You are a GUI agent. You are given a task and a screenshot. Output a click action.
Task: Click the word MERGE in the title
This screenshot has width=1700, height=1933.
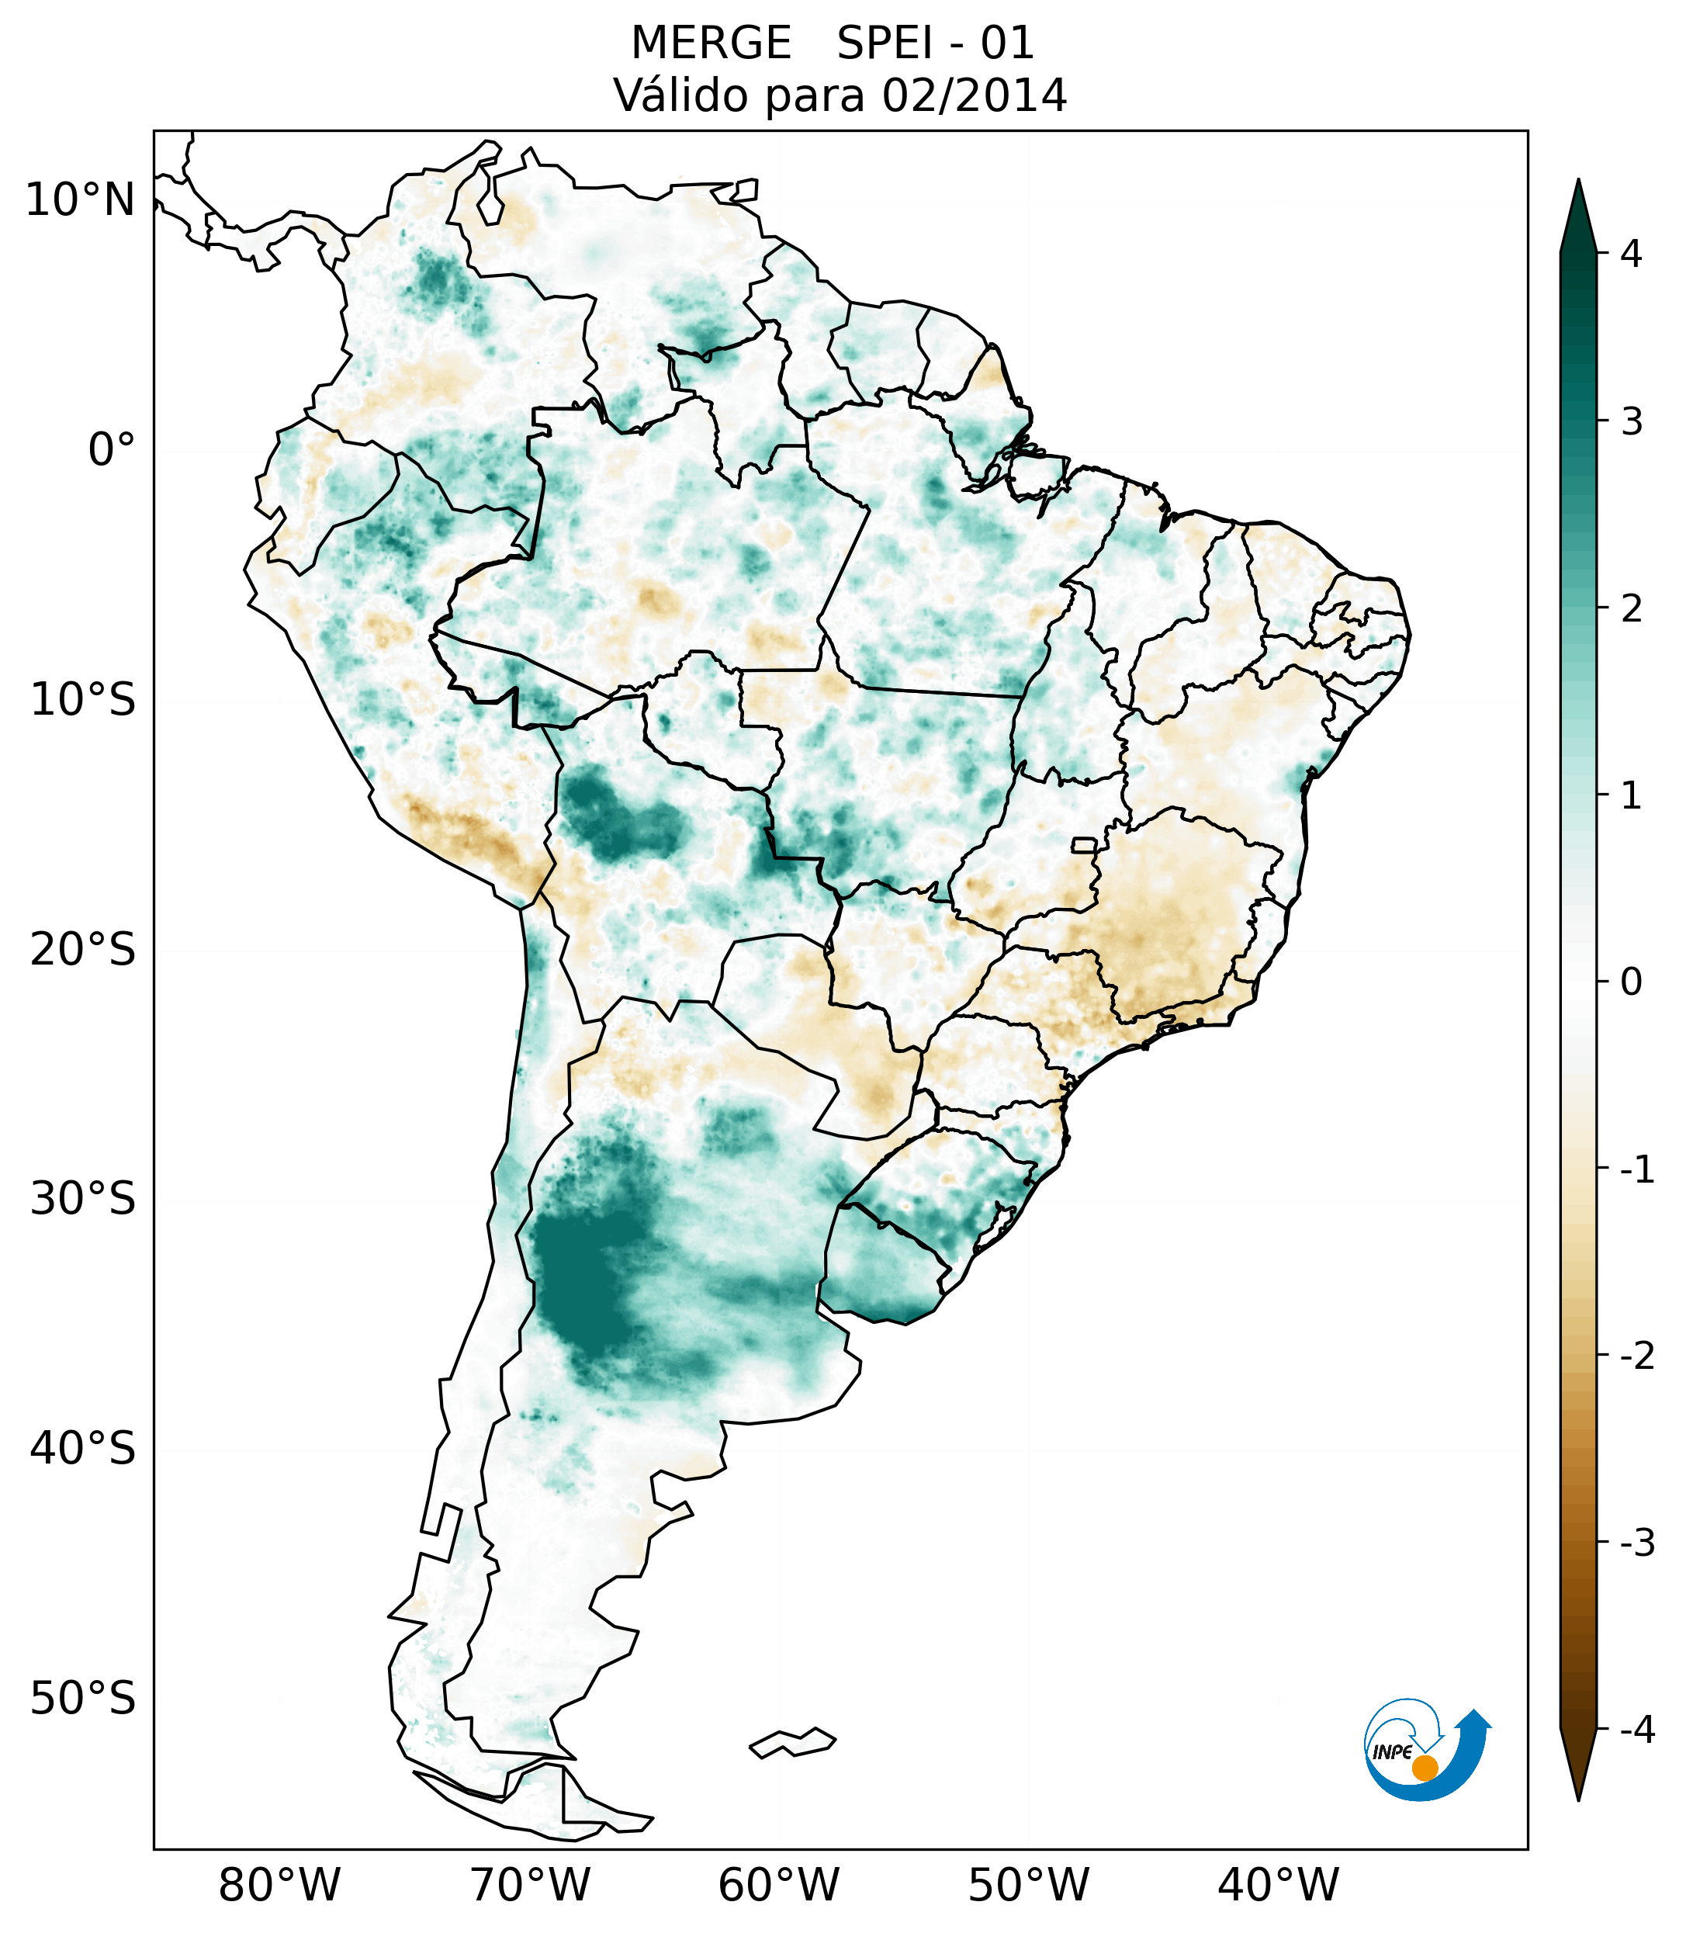711,43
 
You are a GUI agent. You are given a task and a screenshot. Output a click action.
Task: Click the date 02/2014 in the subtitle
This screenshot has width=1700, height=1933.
975,95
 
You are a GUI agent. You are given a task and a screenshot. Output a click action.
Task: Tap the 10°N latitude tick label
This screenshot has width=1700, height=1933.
81,200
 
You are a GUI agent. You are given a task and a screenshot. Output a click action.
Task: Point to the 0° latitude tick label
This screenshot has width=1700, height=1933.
112,449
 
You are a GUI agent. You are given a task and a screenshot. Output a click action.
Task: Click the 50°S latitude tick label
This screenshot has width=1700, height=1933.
83,1699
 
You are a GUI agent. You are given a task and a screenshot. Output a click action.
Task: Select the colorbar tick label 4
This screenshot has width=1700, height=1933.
1631,254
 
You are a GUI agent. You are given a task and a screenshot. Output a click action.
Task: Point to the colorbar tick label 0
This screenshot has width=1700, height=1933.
1631,982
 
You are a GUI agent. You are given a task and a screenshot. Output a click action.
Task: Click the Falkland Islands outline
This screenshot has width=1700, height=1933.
792,1742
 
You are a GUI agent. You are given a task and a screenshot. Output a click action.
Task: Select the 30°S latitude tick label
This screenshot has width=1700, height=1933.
83,1198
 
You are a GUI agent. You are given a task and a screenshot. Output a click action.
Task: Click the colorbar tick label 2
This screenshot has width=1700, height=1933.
1631,609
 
